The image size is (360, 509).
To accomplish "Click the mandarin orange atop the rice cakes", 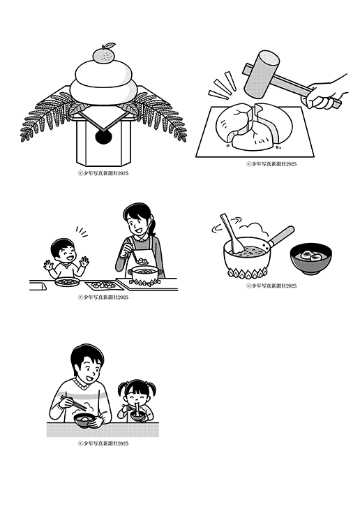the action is click(104, 56).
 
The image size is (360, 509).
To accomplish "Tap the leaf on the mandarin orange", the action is click(109, 45).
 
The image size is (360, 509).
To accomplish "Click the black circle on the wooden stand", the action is click(104, 137).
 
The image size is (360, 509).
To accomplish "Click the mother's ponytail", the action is click(152, 226).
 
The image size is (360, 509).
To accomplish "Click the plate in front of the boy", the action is click(68, 281).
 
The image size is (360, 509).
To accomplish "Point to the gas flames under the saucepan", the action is click(248, 274).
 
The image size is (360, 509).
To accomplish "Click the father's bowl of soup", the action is click(86, 421).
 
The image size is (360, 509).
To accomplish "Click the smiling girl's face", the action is click(137, 395).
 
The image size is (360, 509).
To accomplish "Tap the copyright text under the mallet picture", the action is click(271, 164).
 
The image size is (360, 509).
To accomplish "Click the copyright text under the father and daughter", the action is click(103, 443).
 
